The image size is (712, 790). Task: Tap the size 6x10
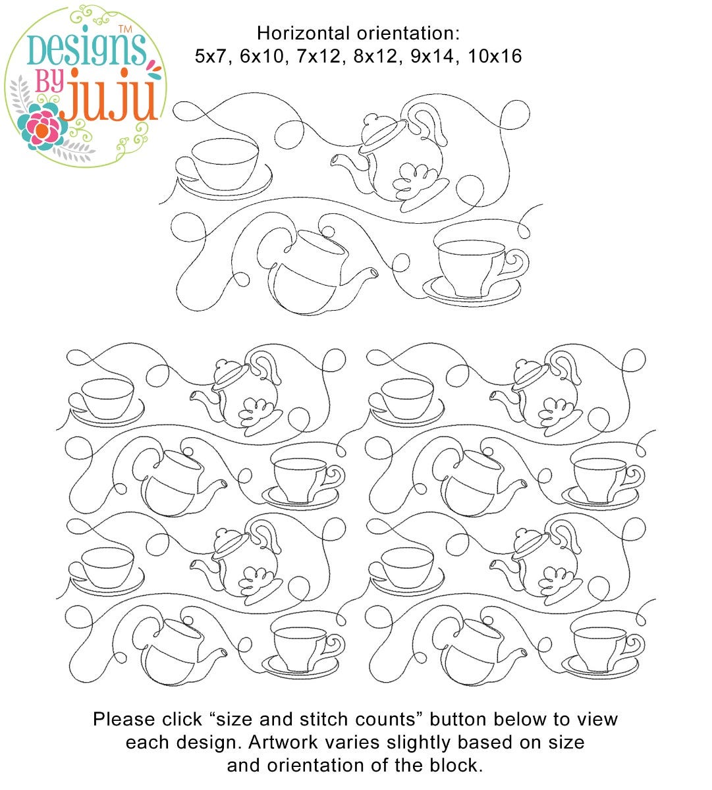(262, 57)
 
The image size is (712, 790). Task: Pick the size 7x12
(319, 57)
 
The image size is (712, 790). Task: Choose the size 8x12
(375, 57)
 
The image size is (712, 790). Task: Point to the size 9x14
(433, 57)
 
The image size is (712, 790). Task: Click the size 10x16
(495, 57)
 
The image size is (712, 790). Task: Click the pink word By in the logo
(49, 82)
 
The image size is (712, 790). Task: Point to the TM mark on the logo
(125, 29)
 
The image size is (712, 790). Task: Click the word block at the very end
(456, 766)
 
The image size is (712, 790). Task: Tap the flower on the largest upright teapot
(415, 181)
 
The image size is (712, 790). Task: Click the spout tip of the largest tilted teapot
(373, 273)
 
